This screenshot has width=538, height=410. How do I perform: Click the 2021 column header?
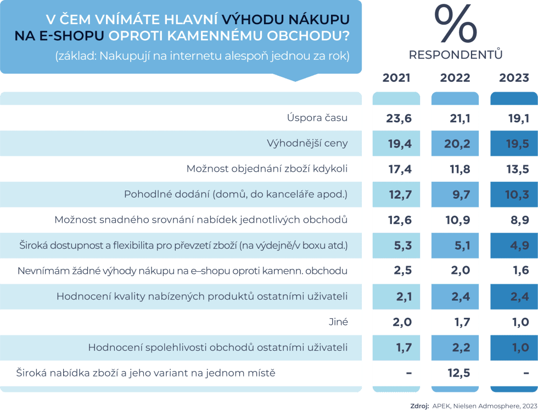(x=396, y=78)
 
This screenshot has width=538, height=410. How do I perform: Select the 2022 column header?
(x=455, y=78)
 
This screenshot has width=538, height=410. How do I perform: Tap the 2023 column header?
(x=514, y=78)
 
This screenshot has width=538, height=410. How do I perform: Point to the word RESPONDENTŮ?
(x=455, y=55)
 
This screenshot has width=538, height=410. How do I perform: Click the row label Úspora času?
(x=317, y=118)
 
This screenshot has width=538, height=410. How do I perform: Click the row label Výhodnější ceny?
(x=307, y=144)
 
